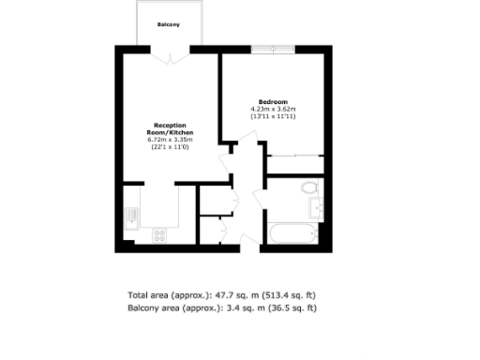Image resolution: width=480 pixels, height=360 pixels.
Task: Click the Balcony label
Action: (x=169, y=24)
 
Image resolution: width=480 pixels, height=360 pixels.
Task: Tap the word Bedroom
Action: (x=273, y=101)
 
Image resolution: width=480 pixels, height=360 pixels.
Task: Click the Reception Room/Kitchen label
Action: (x=170, y=129)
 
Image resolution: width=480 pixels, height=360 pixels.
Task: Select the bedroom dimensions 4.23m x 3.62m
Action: (x=273, y=109)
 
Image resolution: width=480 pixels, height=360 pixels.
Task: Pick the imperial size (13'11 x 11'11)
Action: (x=273, y=116)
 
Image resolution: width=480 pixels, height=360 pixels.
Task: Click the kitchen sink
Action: (x=130, y=218)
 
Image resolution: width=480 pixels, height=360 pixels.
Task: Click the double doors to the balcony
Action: (x=169, y=54)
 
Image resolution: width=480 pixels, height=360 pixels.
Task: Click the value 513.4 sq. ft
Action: (x=291, y=293)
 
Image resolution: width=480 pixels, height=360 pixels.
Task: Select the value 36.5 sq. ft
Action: (x=294, y=307)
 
